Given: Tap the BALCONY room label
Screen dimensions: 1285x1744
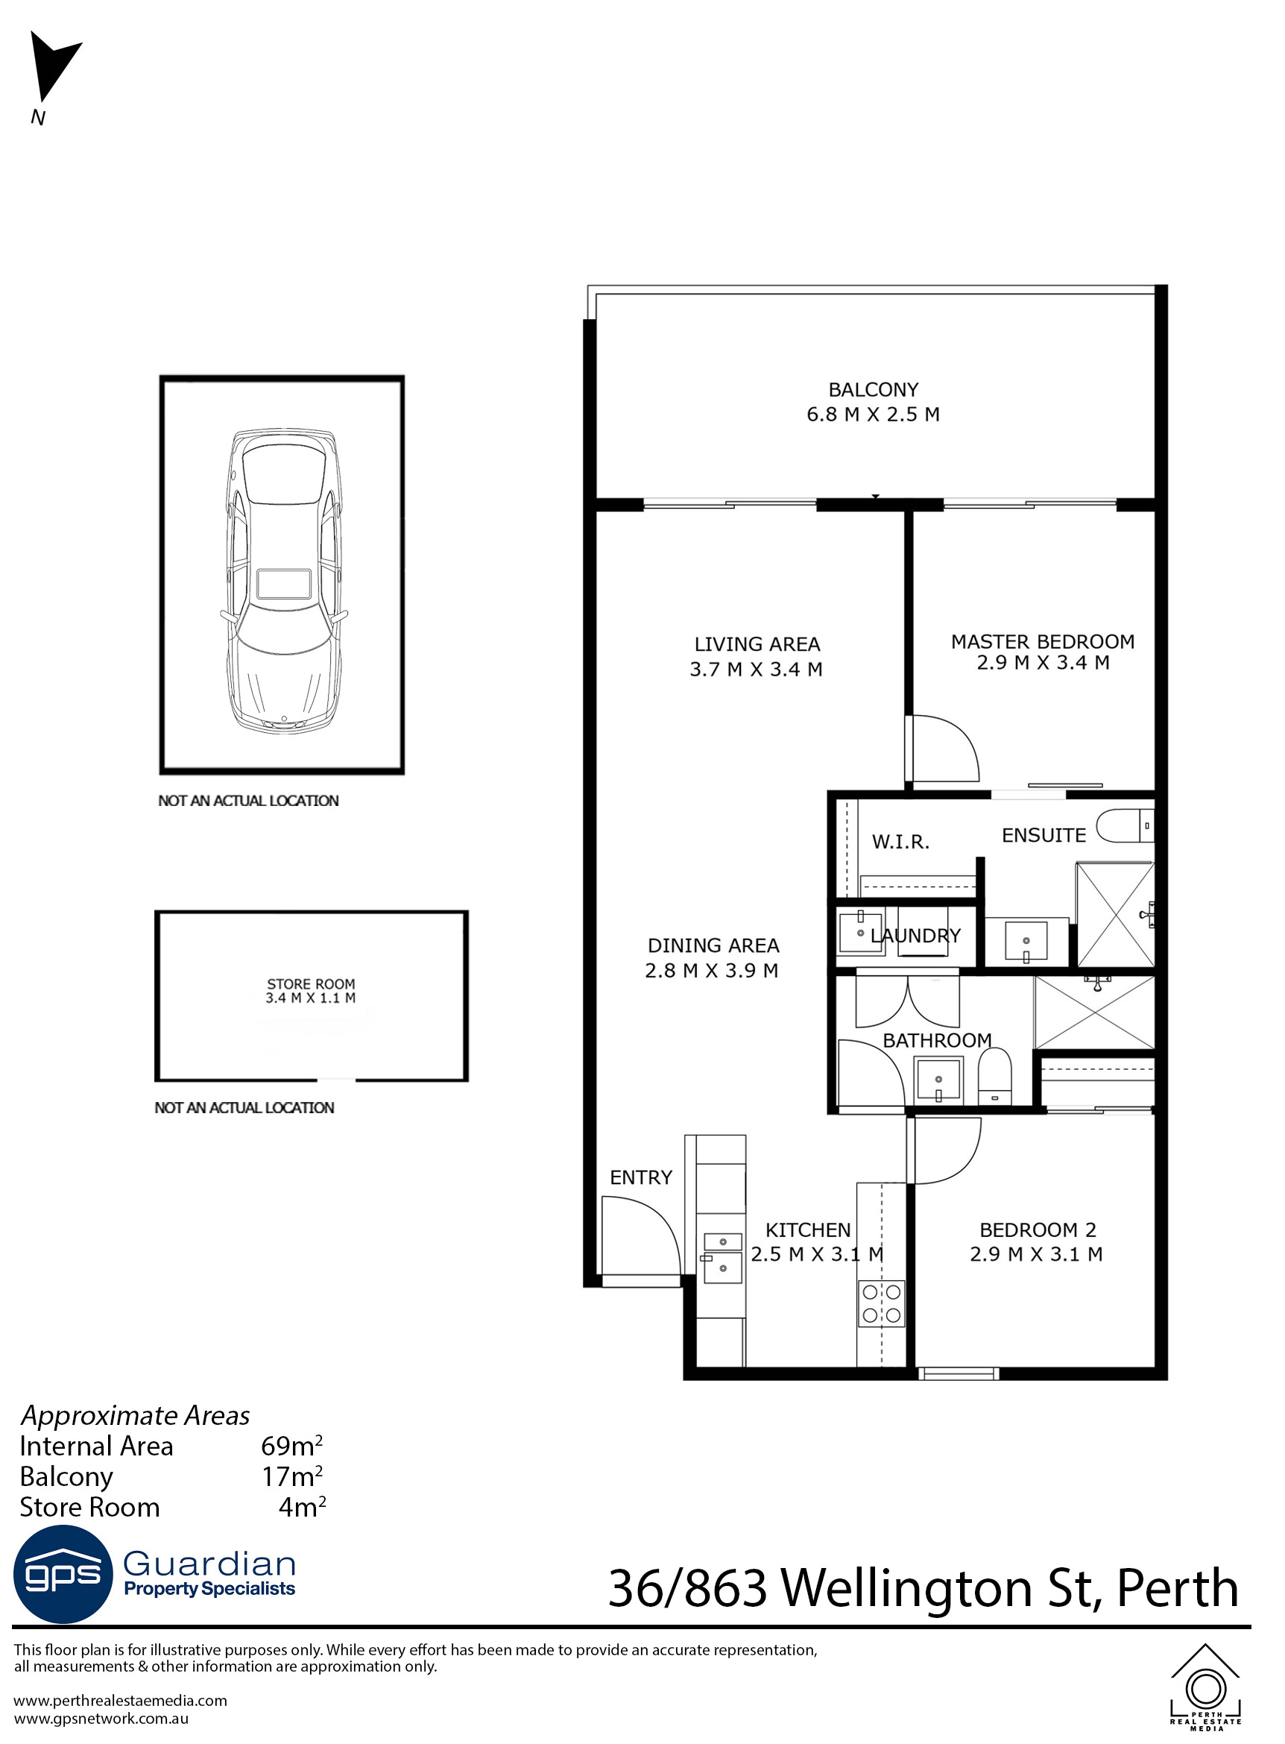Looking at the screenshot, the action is tap(873, 390).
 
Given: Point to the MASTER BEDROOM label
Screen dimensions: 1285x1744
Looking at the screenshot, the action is tap(1042, 642).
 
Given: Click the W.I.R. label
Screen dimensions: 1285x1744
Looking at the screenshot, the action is tap(900, 841).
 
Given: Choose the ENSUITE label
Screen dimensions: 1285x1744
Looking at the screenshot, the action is tap(1043, 835).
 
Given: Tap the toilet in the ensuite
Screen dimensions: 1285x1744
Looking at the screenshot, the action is tap(1124, 825).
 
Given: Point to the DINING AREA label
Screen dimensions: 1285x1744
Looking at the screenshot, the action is tap(713, 945).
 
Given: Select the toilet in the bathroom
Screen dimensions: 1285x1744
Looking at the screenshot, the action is tap(994, 1076).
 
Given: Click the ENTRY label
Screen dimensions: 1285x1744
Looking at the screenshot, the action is tap(640, 1177).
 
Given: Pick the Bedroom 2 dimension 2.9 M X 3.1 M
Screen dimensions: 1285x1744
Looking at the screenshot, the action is tap(1036, 1254).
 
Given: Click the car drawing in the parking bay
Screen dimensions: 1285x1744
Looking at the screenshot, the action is tap(283, 580).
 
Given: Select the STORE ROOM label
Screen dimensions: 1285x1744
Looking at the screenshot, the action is tap(310, 984).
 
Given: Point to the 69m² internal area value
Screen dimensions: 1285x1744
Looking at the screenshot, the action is tap(291, 1446).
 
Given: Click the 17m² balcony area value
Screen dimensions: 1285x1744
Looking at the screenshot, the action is tap(291, 1476).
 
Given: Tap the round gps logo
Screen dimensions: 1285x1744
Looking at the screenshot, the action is tap(63, 1574).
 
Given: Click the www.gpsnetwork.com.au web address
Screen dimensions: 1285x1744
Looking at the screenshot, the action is tap(101, 1719).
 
